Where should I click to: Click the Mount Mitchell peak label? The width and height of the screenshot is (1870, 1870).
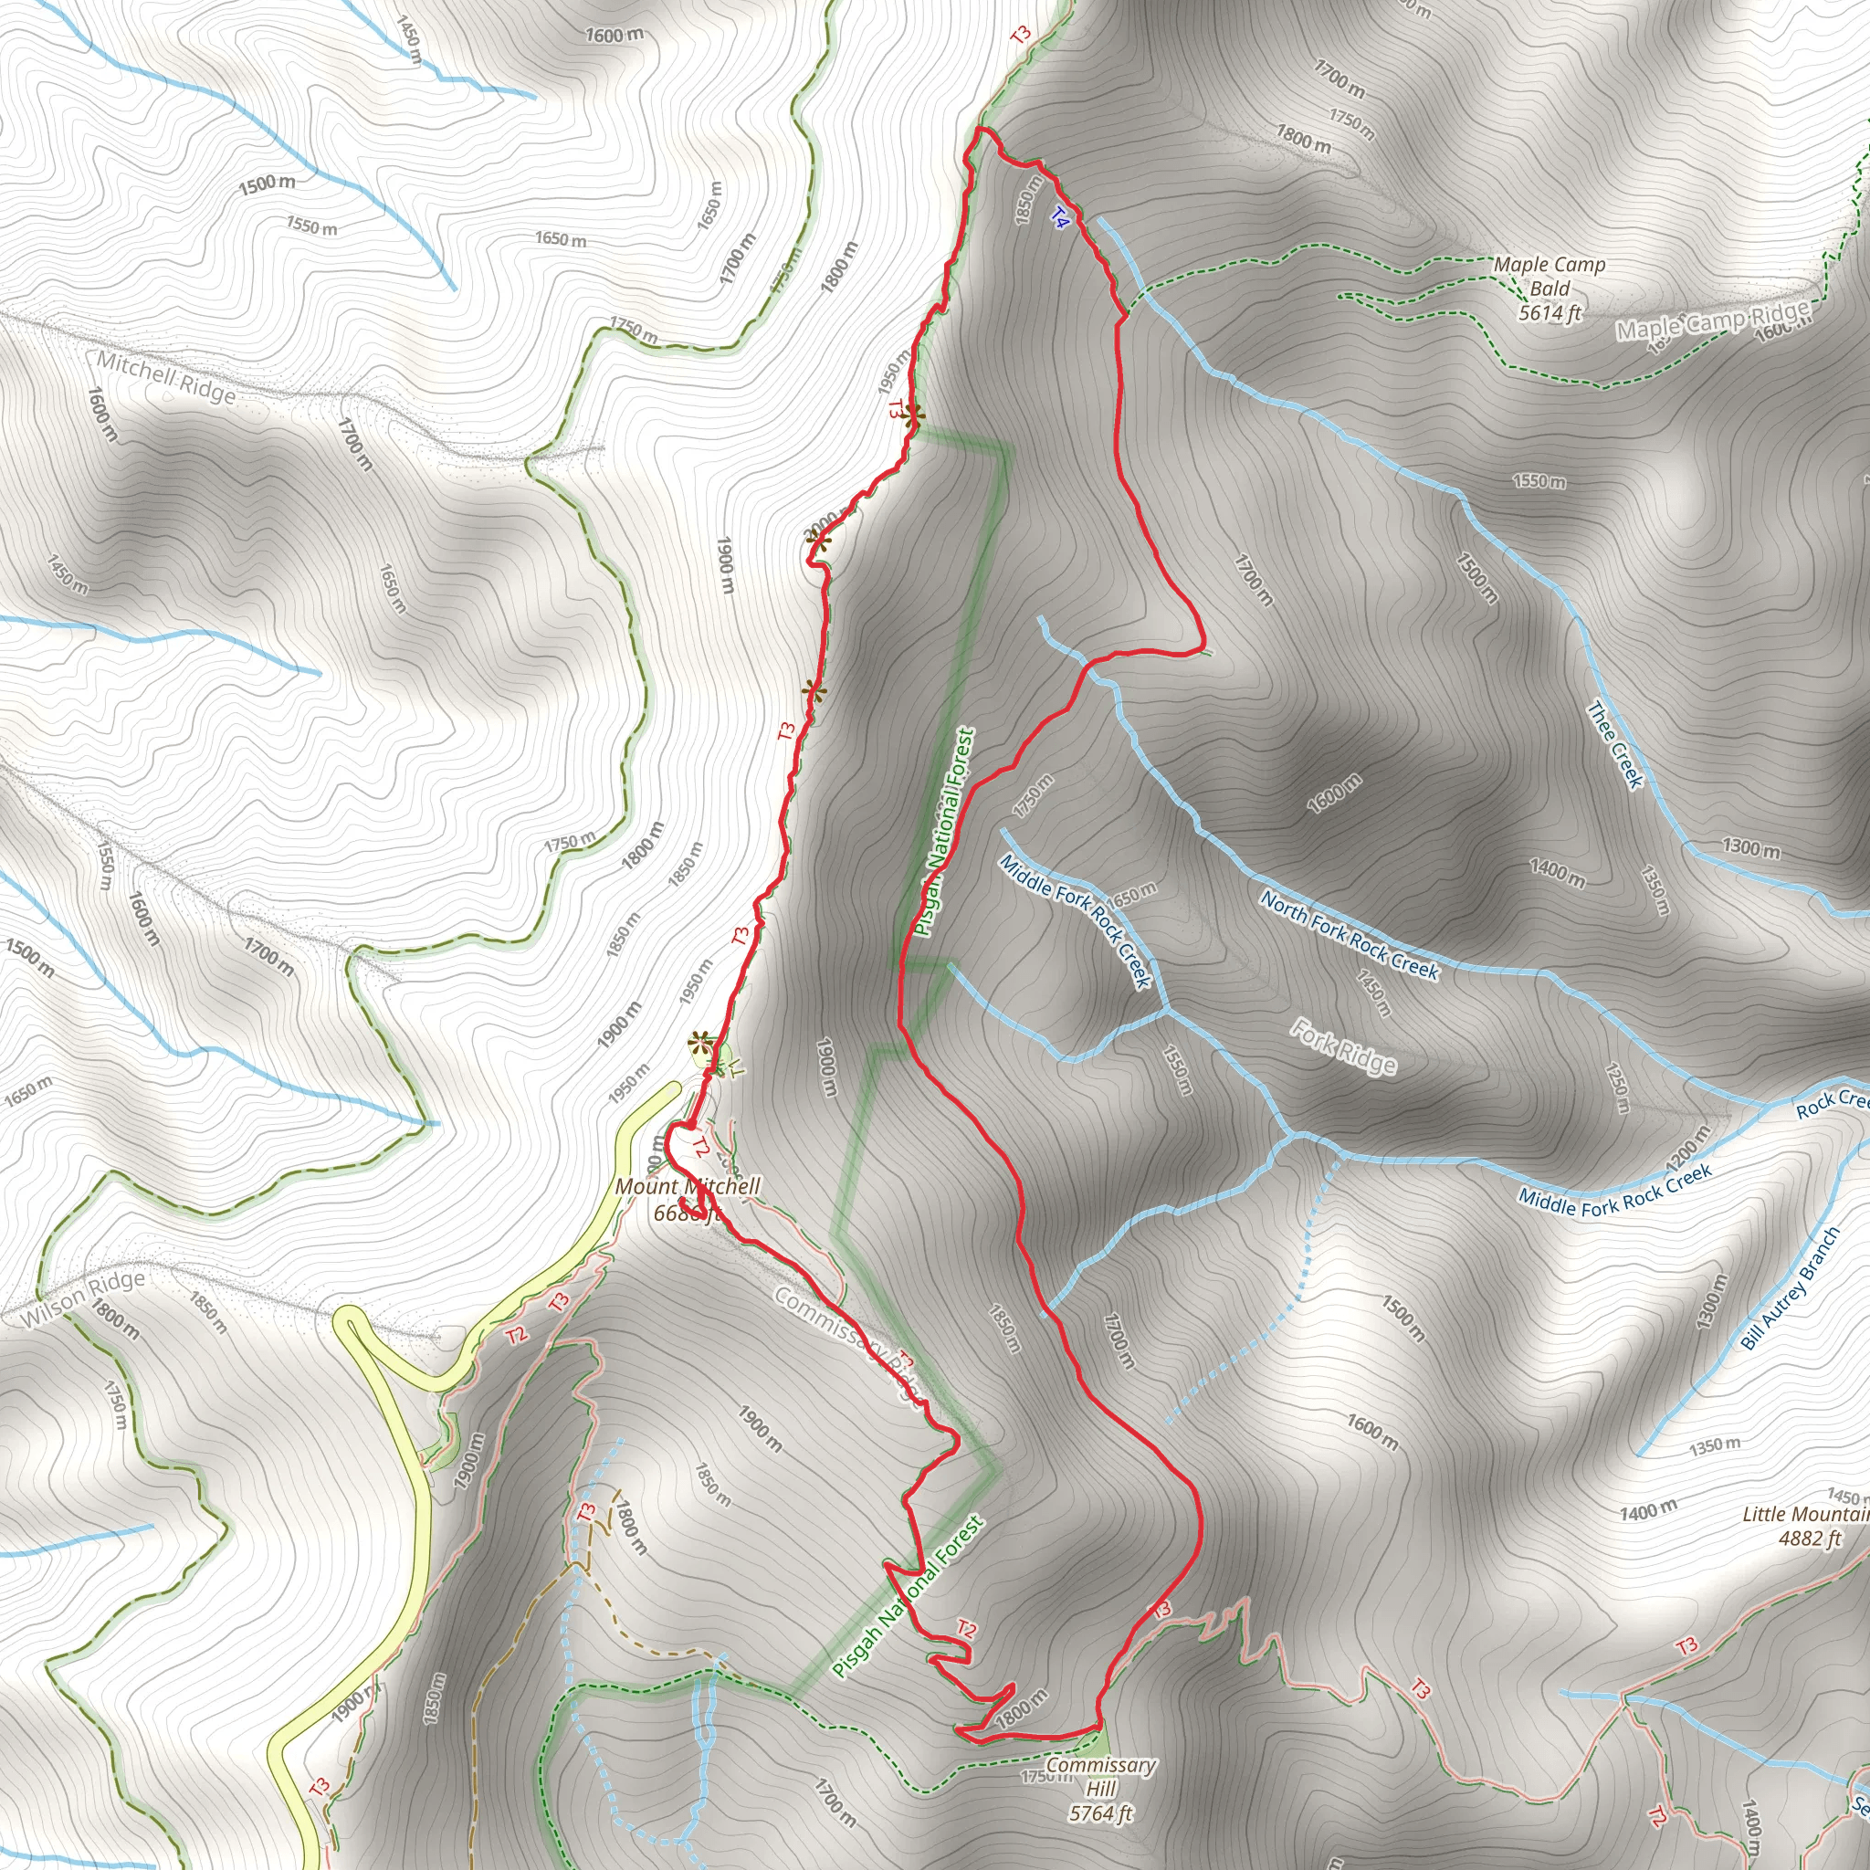point(688,1187)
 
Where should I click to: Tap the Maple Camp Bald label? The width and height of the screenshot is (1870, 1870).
point(1549,276)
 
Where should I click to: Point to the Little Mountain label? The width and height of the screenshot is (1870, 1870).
point(1805,1515)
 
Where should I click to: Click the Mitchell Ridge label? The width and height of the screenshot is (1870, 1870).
point(165,376)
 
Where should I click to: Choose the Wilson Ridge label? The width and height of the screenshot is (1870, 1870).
point(82,1298)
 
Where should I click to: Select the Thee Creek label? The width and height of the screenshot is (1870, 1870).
point(1615,744)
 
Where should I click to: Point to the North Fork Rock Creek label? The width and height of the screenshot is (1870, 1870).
point(1350,934)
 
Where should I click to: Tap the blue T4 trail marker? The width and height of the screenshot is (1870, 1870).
point(1060,218)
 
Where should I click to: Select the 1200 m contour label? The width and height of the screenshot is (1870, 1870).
point(1688,1148)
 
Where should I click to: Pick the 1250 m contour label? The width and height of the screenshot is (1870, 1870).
point(1615,1087)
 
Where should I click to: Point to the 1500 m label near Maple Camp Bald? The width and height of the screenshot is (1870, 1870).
point(1476,577)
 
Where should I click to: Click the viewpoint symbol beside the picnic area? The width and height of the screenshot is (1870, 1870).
point(699,1043)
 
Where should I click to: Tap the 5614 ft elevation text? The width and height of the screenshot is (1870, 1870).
point(1550,312)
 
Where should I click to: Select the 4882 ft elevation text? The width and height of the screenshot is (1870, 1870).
point(1809,1539)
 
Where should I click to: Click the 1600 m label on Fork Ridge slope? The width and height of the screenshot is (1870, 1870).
point(1334,793)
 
